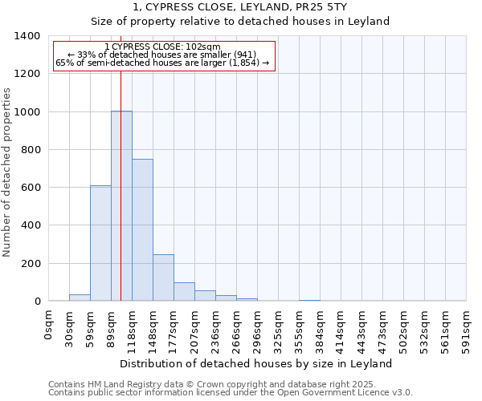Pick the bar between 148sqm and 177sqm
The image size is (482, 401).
(163, 277)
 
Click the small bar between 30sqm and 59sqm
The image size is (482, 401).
(80, 298)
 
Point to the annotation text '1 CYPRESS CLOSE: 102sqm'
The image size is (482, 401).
(162, 47)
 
